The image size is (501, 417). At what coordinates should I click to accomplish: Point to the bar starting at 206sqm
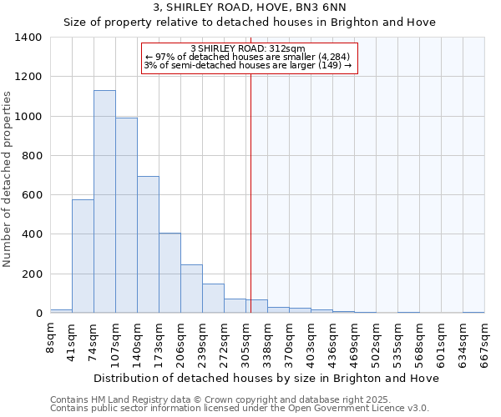[x=191, y=289]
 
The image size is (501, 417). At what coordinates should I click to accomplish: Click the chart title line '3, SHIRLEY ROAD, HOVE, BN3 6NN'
[x=250, y=8]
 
